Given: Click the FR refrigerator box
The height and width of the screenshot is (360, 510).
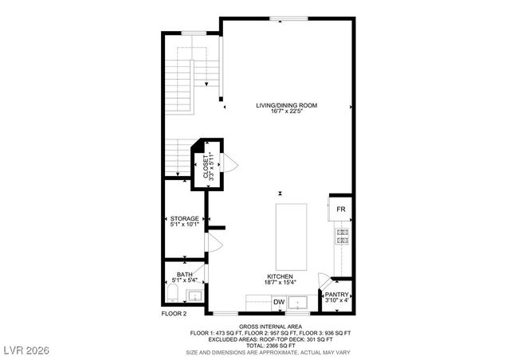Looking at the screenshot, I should (x=340, y=209).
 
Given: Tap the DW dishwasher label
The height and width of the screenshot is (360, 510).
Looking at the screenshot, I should (x=279, y=303).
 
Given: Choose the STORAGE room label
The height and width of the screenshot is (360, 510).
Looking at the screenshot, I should (x=185, y=218).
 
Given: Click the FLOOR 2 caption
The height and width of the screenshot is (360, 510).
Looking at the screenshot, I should (x=175, y=314).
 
